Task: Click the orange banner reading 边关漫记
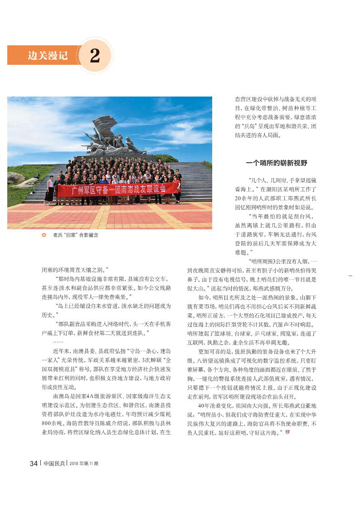click(48, 56)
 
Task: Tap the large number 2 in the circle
click(95, 56)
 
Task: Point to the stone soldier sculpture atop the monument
click(109, 136)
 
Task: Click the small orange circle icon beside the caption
click(44, 235)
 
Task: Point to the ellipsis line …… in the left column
click(58, 342)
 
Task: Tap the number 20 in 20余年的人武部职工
click(238, 199)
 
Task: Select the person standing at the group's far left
click(49, 189)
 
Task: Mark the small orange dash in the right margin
click(350, 275)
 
